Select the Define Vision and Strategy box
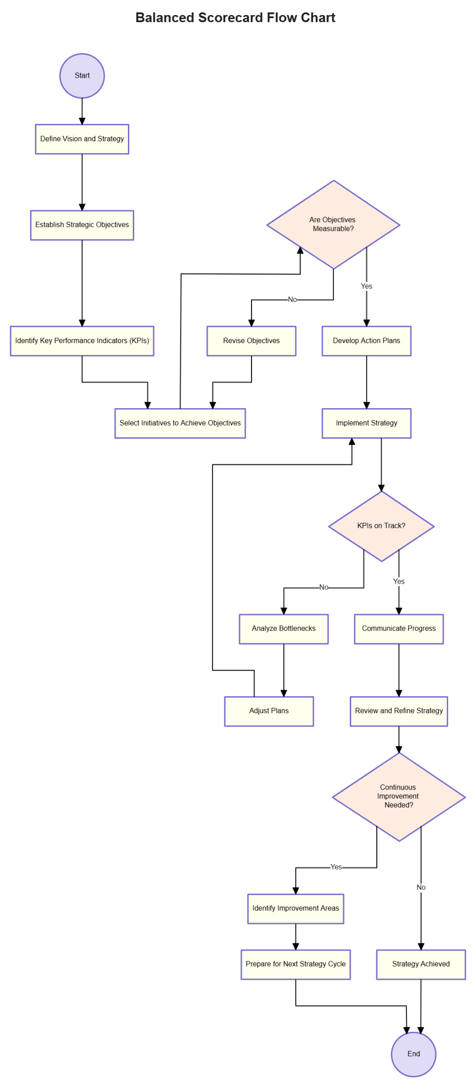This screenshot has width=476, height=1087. pyautogui.click(x=82, y=139)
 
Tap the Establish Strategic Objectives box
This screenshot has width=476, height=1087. pyautogui.click(x=82, y=225)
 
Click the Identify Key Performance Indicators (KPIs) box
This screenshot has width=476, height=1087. pyautogui.click(x=82, y=341)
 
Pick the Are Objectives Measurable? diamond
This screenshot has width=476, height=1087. pyautogui.click(x=333, y=224)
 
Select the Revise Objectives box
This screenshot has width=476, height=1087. pyautogui.click(x=251, y=341)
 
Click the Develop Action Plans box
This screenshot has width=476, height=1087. pyautogui.click(x=366, y=341)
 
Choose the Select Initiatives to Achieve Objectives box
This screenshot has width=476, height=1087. pyautogui.click(x=180, y=423)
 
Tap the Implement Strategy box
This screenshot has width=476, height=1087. pyautogui.click(x=366, y=423)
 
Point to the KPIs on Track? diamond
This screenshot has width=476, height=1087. pyautogui.click(x=381, y=526)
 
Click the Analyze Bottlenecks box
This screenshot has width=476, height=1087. pyautogui.click(x=283, y=628)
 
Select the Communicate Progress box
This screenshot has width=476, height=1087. pyautogui.click(x=398, y=628)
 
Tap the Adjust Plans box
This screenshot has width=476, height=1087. pyautogui.click(x=269, y=711)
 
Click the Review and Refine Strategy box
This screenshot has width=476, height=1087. pyautogui.click(x=398, y=711)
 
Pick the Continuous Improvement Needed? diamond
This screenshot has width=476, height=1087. pyautogui.click(x=398, y=796)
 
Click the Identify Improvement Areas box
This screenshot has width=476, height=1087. pyautogui.click(x=295, y=908)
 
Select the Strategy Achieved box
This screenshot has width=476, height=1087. pyautogui.click(x=420, y=964)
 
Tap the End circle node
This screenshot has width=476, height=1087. pyautogui.click(x=413, y=1054)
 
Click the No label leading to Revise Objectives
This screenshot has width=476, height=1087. pyautogui.click(x=292, y=299)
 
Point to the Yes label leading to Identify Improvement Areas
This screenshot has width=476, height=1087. pyautogui.click(x=336, y=867)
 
